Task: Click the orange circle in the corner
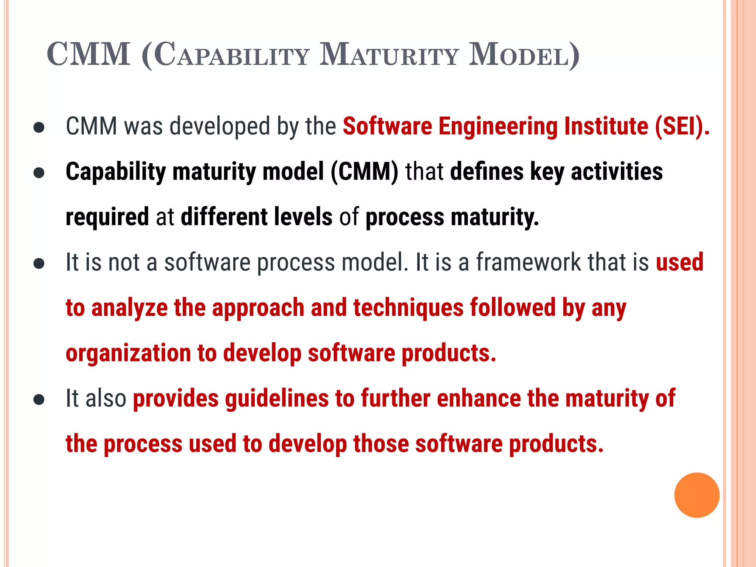pos(697,495)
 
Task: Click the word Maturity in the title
pos(389,55)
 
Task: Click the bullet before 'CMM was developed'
pos(39,128)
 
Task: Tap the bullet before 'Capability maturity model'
pos(39,173)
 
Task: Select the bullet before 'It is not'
pos(39,264)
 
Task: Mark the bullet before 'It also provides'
pos(39,399)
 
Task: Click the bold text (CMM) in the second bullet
pos(364,172)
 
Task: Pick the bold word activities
pos(616,172)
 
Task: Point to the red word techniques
pos(408,307)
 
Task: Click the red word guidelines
pos(277,399)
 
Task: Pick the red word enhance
pos(479,399)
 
